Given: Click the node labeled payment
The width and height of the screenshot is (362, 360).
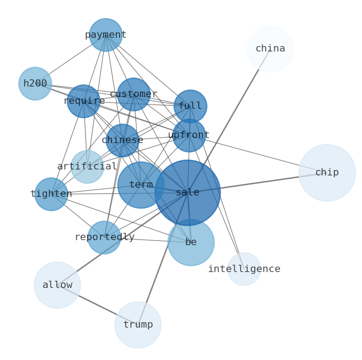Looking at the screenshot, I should [x=106, y=35].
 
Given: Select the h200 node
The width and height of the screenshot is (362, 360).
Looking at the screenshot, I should [x=35, y=84].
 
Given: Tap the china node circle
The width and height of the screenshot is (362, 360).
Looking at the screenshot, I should [x=270, y=49].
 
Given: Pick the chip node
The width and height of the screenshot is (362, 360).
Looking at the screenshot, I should [x=327, y=173].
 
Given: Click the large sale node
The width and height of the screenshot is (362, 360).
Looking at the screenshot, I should [x=187, y=192].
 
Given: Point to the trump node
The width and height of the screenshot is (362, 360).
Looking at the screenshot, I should [x=138, y=325].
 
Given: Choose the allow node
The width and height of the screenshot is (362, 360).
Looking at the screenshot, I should [x=57, y=285].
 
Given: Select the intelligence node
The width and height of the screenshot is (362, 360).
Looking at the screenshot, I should [x=244, y=269].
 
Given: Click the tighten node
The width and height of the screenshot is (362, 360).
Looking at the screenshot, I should [x=51, y=194].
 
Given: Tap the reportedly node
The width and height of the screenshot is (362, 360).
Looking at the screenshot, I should [x=104, y=237].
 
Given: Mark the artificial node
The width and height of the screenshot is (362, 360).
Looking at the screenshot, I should [x=87, y=167].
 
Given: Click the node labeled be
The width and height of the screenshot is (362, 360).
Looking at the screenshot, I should [x=191, y=242].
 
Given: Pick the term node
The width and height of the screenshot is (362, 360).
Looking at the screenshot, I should [x=141, y=185].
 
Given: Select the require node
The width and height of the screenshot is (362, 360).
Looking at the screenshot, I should [x=83, y=101].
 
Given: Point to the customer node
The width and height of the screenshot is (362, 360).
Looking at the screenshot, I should [x=134, y=94].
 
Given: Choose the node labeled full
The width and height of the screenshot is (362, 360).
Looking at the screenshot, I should [x=190, y=106].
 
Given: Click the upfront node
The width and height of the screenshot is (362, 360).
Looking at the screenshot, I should [x=189, y=135].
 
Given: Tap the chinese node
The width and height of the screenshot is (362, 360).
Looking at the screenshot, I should [x=122, y=140].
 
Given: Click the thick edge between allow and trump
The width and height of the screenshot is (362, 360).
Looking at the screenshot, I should [x=98, y=305].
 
